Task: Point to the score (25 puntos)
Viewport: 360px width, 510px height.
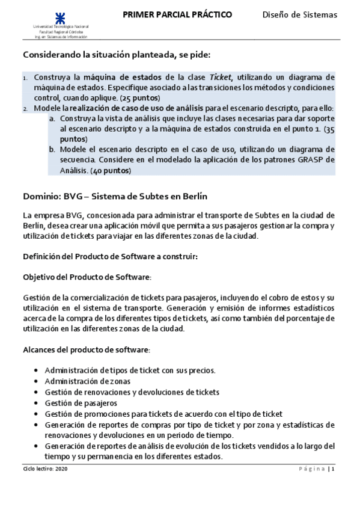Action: [x=139, y=97]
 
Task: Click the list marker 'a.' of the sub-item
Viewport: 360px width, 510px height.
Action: [x=52, y=118]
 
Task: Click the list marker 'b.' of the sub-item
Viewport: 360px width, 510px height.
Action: [x=52, y=149]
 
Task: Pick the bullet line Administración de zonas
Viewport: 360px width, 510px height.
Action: [x=87, y=381]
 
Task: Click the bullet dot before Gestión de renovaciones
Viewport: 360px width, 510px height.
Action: [x=38, y=392]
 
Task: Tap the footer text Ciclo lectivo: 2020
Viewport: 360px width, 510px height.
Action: [x=43, y=469]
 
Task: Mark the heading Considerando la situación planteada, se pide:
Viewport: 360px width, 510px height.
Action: [x=117, y=55]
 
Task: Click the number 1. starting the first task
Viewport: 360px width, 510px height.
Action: [x=25, y=78]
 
